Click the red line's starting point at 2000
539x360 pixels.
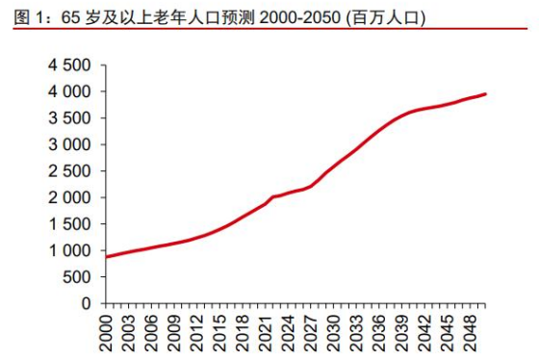click(x=108, y=257)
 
